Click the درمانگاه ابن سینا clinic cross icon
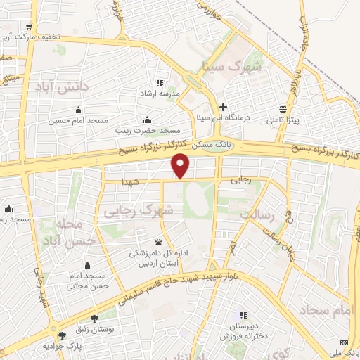tap(224, 108)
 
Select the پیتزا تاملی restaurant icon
tap(283, 109)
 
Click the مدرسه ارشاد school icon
tap(160, 83)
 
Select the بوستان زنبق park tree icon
tap(95, 319)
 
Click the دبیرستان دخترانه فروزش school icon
tap(243, 316)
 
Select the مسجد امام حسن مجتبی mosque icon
tap(87, 266)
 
